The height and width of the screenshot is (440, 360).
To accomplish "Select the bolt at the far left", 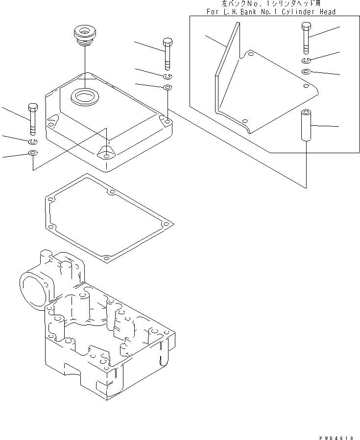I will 33,118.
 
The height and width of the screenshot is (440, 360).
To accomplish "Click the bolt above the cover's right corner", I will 167,53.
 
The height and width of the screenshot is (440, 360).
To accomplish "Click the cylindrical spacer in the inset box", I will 306,126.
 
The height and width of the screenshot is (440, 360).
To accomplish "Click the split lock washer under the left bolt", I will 33,141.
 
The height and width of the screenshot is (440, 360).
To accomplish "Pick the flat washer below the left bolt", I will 32,154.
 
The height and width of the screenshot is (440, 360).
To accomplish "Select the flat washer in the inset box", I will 305,72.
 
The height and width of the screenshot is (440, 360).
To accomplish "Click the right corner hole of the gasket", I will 168,224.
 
